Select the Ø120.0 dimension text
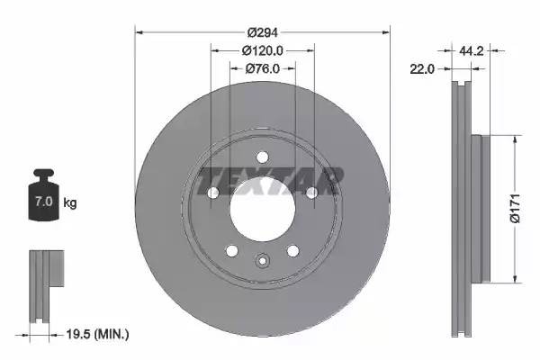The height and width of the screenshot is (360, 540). click(x=263, y=51)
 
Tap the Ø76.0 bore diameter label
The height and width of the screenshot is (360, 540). click(x=263, y=68)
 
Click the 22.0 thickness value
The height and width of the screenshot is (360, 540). click(x=423, y=68)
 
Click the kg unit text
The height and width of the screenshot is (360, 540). click(x=71, y=203)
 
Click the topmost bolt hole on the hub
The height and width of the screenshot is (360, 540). click(x=263, y=155)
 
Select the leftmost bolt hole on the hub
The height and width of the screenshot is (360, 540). click(x=214, y=193)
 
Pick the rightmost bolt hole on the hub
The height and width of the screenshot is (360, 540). click(x=311, y=193)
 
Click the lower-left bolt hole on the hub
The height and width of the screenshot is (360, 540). click(x=232, y=249)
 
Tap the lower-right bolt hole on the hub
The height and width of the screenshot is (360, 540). click(x=292, y=249)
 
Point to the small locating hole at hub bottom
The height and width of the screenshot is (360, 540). click(x=263, y=262)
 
